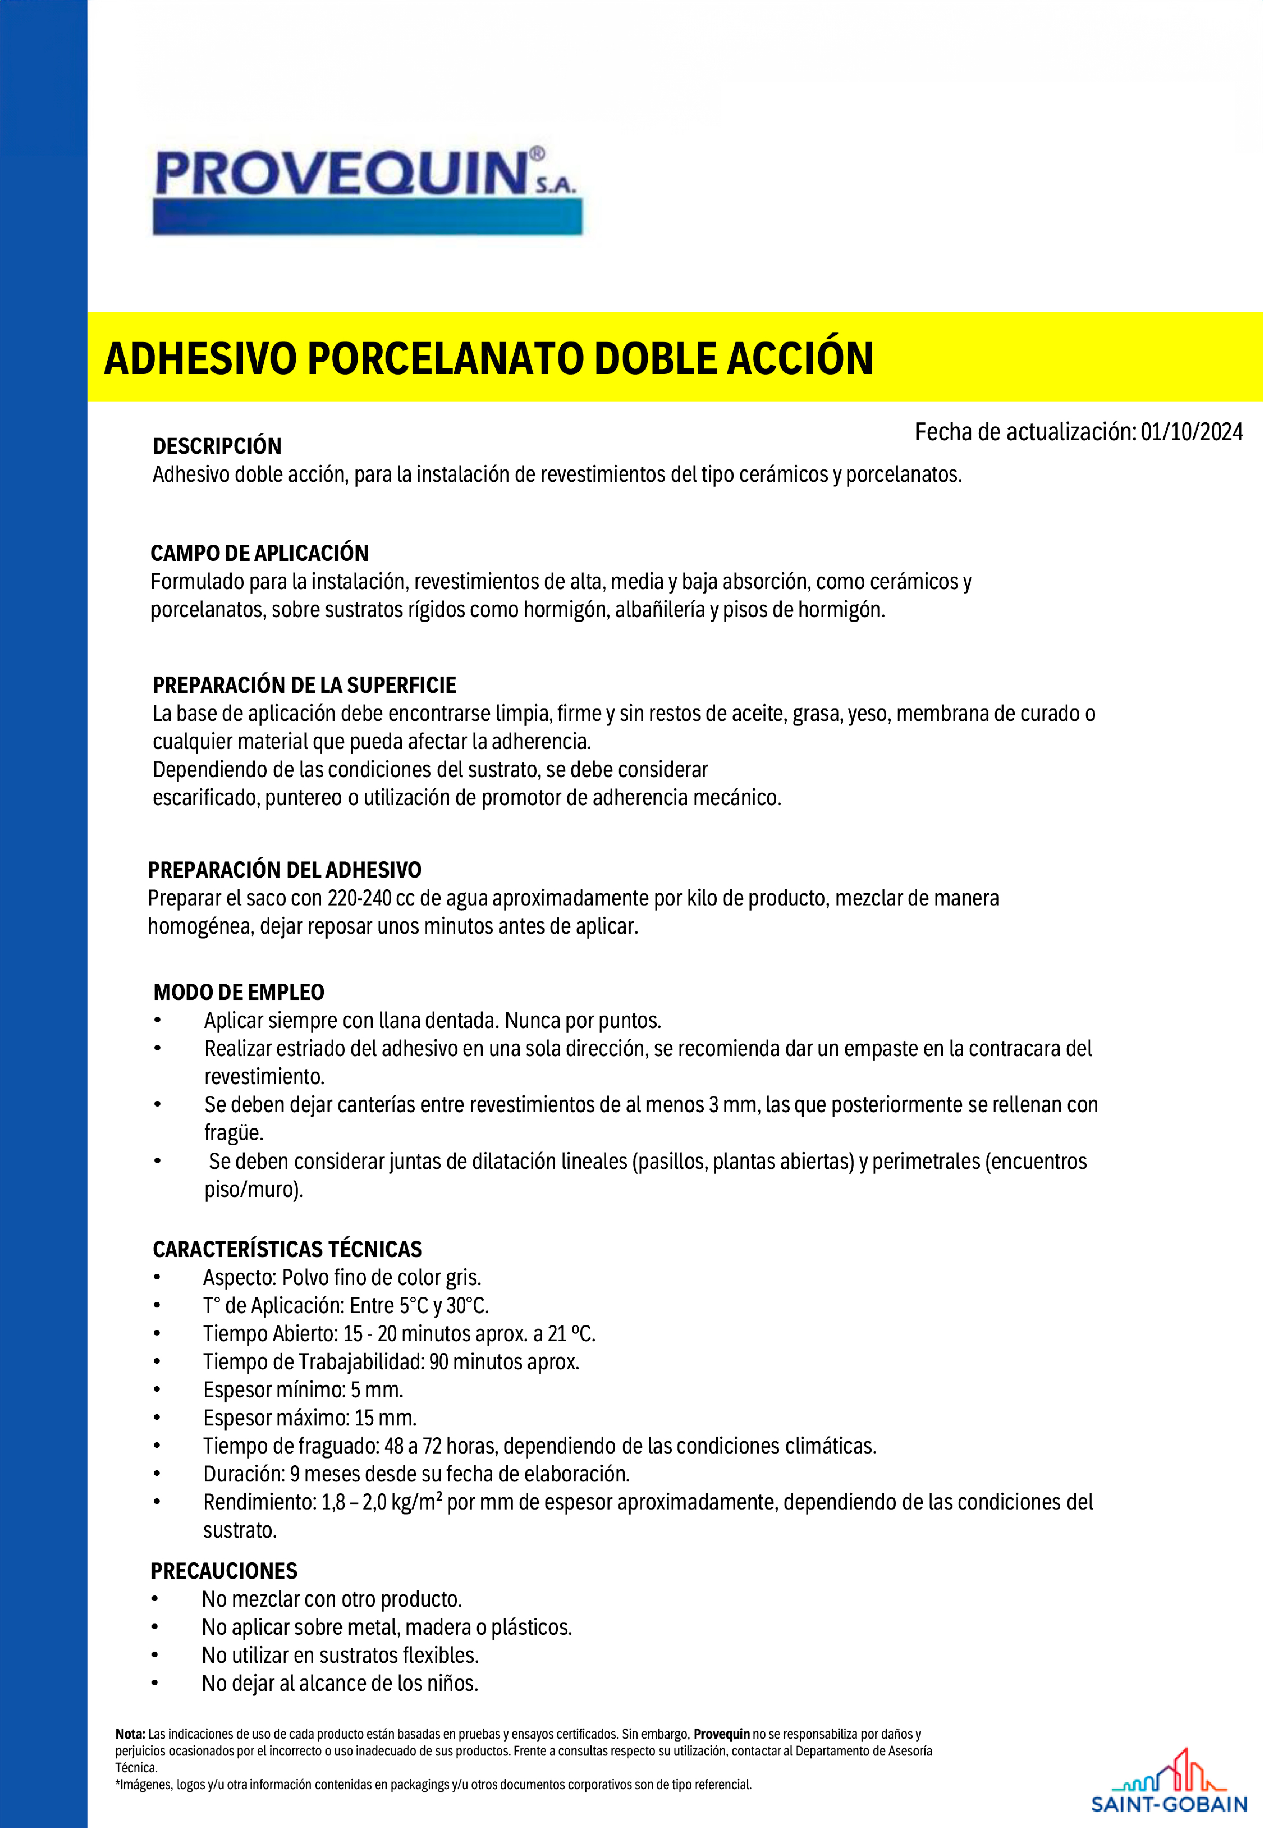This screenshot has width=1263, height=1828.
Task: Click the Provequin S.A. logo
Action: (x=366, y=190)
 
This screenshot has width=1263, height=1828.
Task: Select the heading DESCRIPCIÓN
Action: (x=217, y=446)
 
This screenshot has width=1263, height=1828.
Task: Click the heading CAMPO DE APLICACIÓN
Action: (x=260, y=553)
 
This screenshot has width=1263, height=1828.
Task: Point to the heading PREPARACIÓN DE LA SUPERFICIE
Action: (x=305, y=685)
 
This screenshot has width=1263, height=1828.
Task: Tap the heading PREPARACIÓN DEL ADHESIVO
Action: (x=284, y=871)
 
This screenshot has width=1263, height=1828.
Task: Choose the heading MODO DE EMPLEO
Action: (x=239, y=992)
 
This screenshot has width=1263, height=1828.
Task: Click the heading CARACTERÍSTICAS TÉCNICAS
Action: (x=287, y=1249)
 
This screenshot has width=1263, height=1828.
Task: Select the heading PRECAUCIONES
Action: (x=224, y=1571)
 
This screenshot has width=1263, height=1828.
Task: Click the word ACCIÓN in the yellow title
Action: (x=800, y=358)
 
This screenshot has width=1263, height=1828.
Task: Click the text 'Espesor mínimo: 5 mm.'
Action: (x=303, y=1390)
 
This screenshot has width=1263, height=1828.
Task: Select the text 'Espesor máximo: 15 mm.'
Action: (x=309, y=1418)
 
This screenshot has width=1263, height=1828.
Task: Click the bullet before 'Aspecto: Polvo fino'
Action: (x=157, y=1278)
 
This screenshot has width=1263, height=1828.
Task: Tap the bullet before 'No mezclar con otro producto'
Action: (x=155, y=1599)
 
